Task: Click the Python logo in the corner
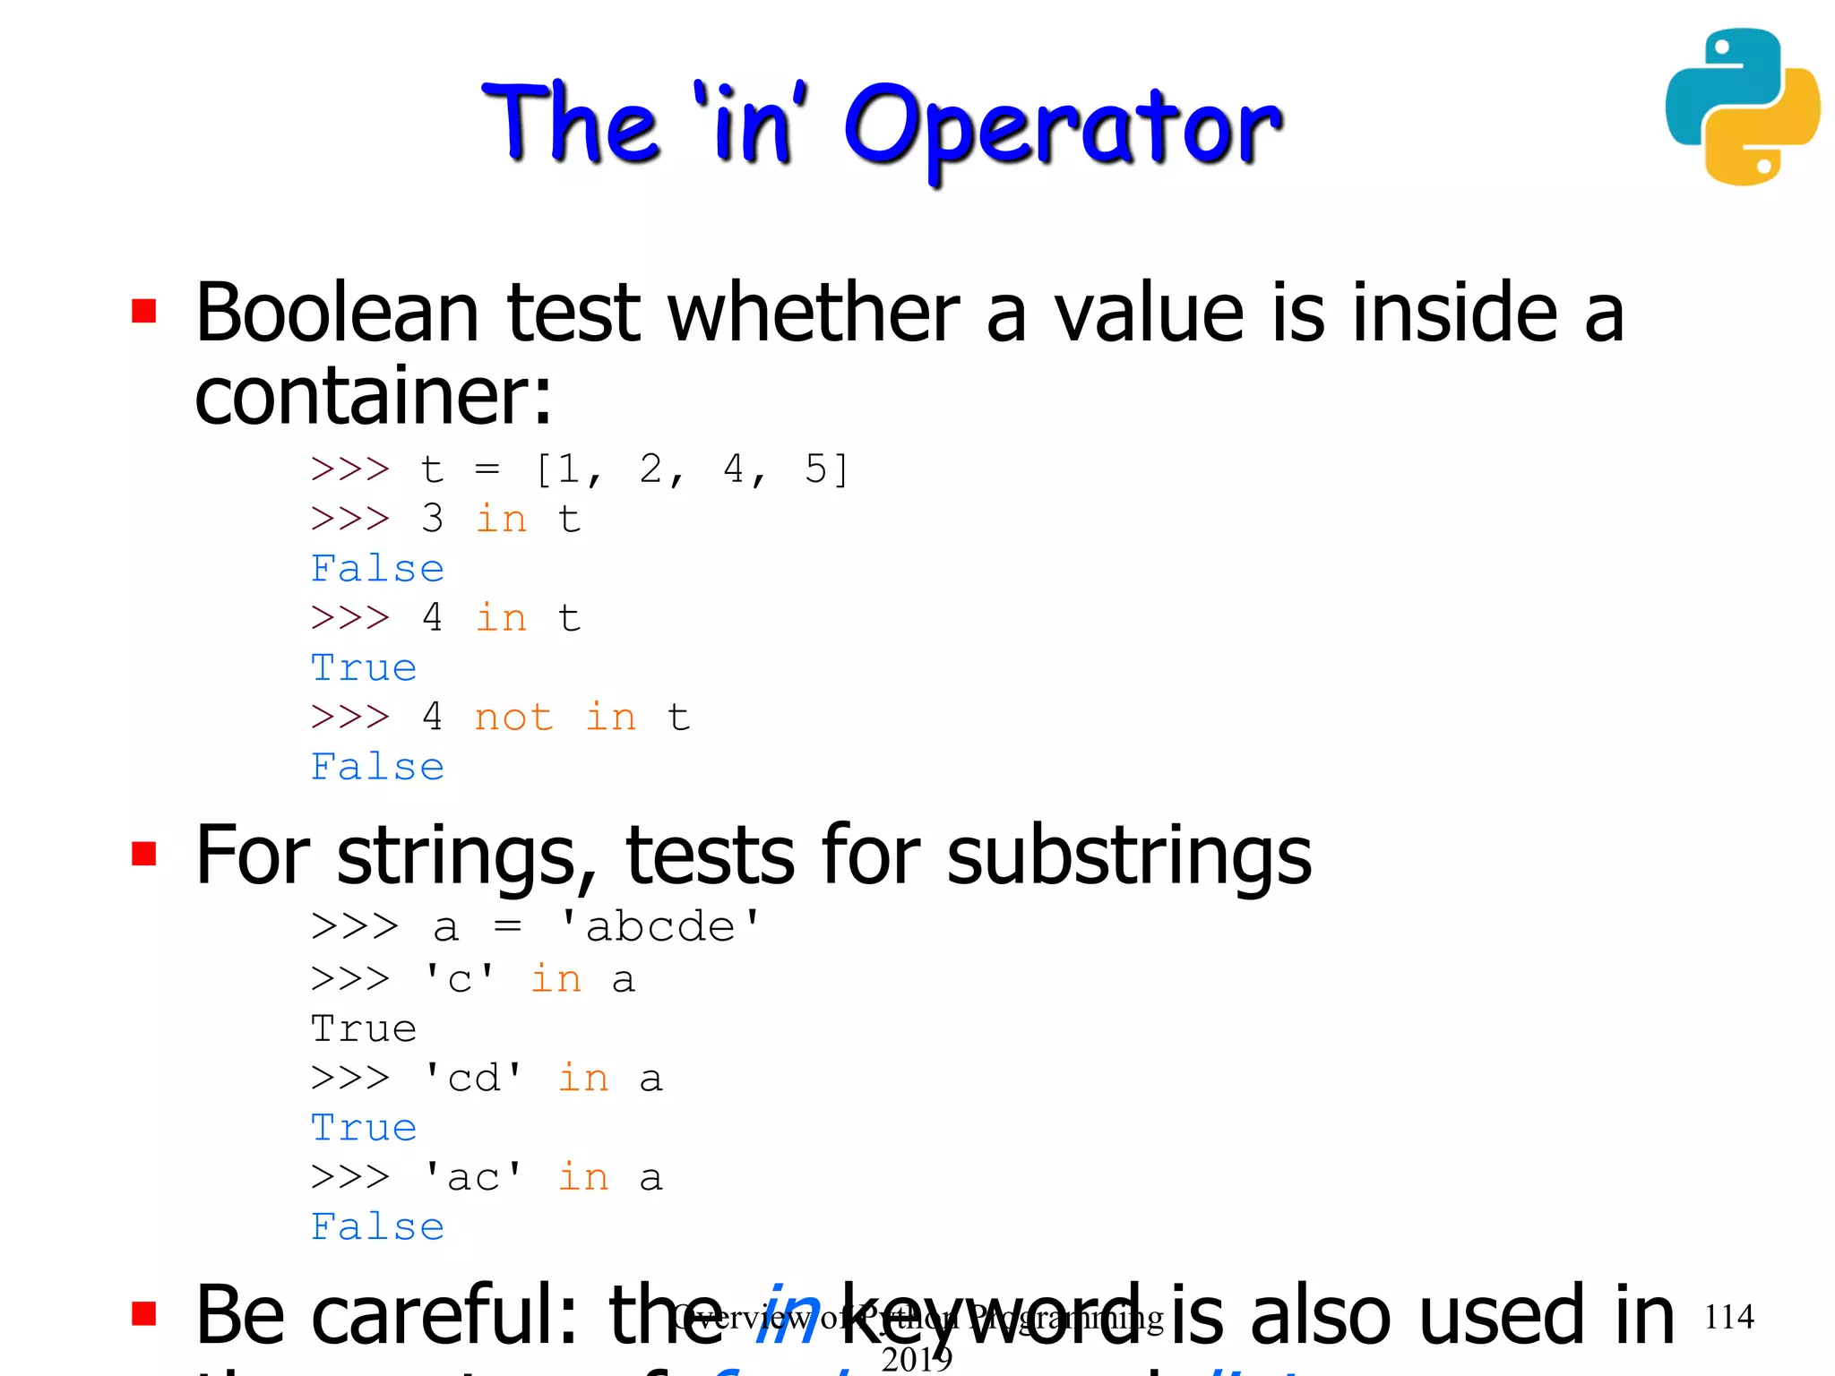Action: [1742, 107]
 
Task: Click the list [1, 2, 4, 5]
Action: [691, 469]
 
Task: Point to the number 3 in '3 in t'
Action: [433, 519]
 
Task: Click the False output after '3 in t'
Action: [377, 569]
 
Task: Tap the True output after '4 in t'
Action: [364, 668]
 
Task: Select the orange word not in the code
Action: [513, 718]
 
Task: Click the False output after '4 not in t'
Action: [377, 767]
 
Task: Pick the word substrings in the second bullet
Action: [1129, 856]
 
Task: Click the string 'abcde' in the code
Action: [659, 927]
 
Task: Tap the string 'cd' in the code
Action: [473, 1078]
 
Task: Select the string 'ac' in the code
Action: [473, 1177]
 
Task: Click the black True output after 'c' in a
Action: [364, 1029]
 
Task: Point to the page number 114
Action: [1728, 1316]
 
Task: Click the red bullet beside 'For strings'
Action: [144, 854]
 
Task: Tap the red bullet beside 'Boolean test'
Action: [144, 311]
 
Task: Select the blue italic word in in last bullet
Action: [788, 1315]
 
